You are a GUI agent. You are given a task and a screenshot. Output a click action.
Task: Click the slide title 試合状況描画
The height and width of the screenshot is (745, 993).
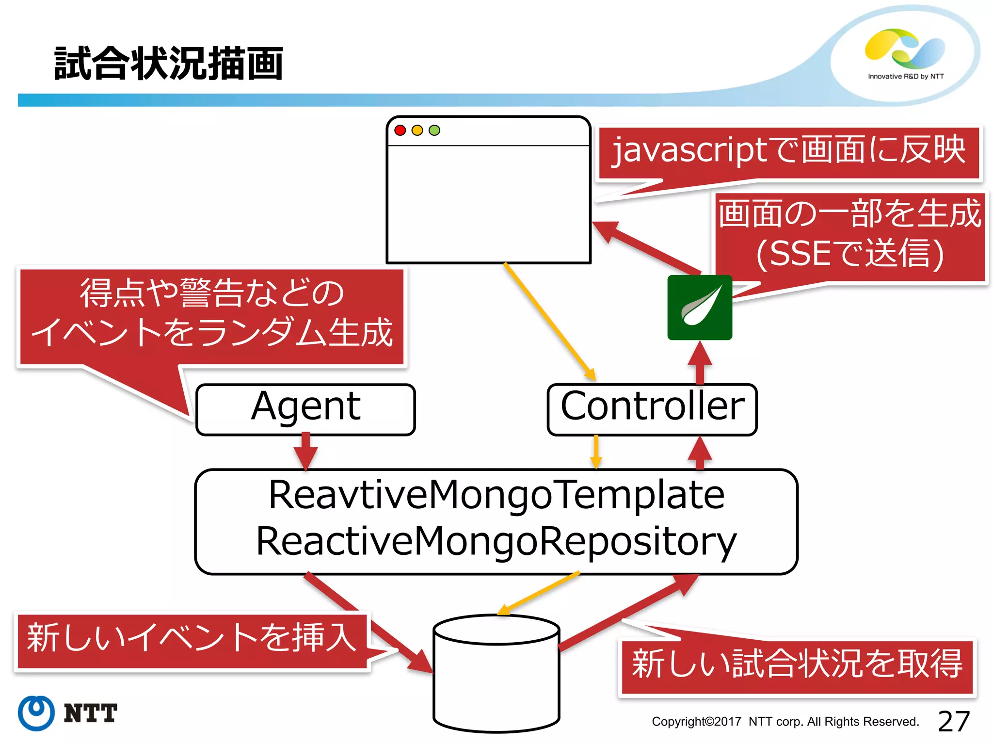[x=168, y=64]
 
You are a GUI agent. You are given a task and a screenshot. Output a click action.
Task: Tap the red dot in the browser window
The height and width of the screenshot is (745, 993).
[x=400, y=130]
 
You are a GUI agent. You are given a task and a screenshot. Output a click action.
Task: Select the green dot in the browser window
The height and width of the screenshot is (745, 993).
[x=434, y=130]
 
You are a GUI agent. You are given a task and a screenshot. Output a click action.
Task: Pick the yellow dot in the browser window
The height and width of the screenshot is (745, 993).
[x=417, y=130]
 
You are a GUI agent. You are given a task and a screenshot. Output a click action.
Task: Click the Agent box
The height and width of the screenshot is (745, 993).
[x=305, y=408]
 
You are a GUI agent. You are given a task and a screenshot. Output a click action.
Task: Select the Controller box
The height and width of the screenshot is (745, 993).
[x=652, y=408]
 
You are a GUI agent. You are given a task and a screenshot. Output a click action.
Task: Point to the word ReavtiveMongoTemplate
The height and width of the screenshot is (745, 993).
[x=496, y=495]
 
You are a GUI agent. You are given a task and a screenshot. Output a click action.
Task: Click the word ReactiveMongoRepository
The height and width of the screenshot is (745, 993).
[x=496, y=541]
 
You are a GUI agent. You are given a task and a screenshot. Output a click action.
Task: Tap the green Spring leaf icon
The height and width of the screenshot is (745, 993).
[x=700, y=307]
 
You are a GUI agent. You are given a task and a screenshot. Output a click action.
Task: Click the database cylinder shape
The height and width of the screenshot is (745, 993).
[x=496, y=674]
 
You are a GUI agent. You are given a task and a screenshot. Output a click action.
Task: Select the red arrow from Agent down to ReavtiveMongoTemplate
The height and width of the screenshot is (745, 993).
[x=305, y=451]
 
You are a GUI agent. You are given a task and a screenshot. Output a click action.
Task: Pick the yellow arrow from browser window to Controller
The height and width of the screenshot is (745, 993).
[x=550, y=322]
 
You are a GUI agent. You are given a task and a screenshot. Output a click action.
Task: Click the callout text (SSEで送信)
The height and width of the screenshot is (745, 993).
[x=850, y=253]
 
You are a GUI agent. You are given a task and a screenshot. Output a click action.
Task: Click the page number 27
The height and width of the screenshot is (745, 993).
[x=953, y=721]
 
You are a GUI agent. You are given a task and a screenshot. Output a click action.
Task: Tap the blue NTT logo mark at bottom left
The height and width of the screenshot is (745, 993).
[x=36, y=713]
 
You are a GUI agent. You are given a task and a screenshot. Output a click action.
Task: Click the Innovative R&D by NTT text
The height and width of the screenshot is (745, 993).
[x=905, y=76]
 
